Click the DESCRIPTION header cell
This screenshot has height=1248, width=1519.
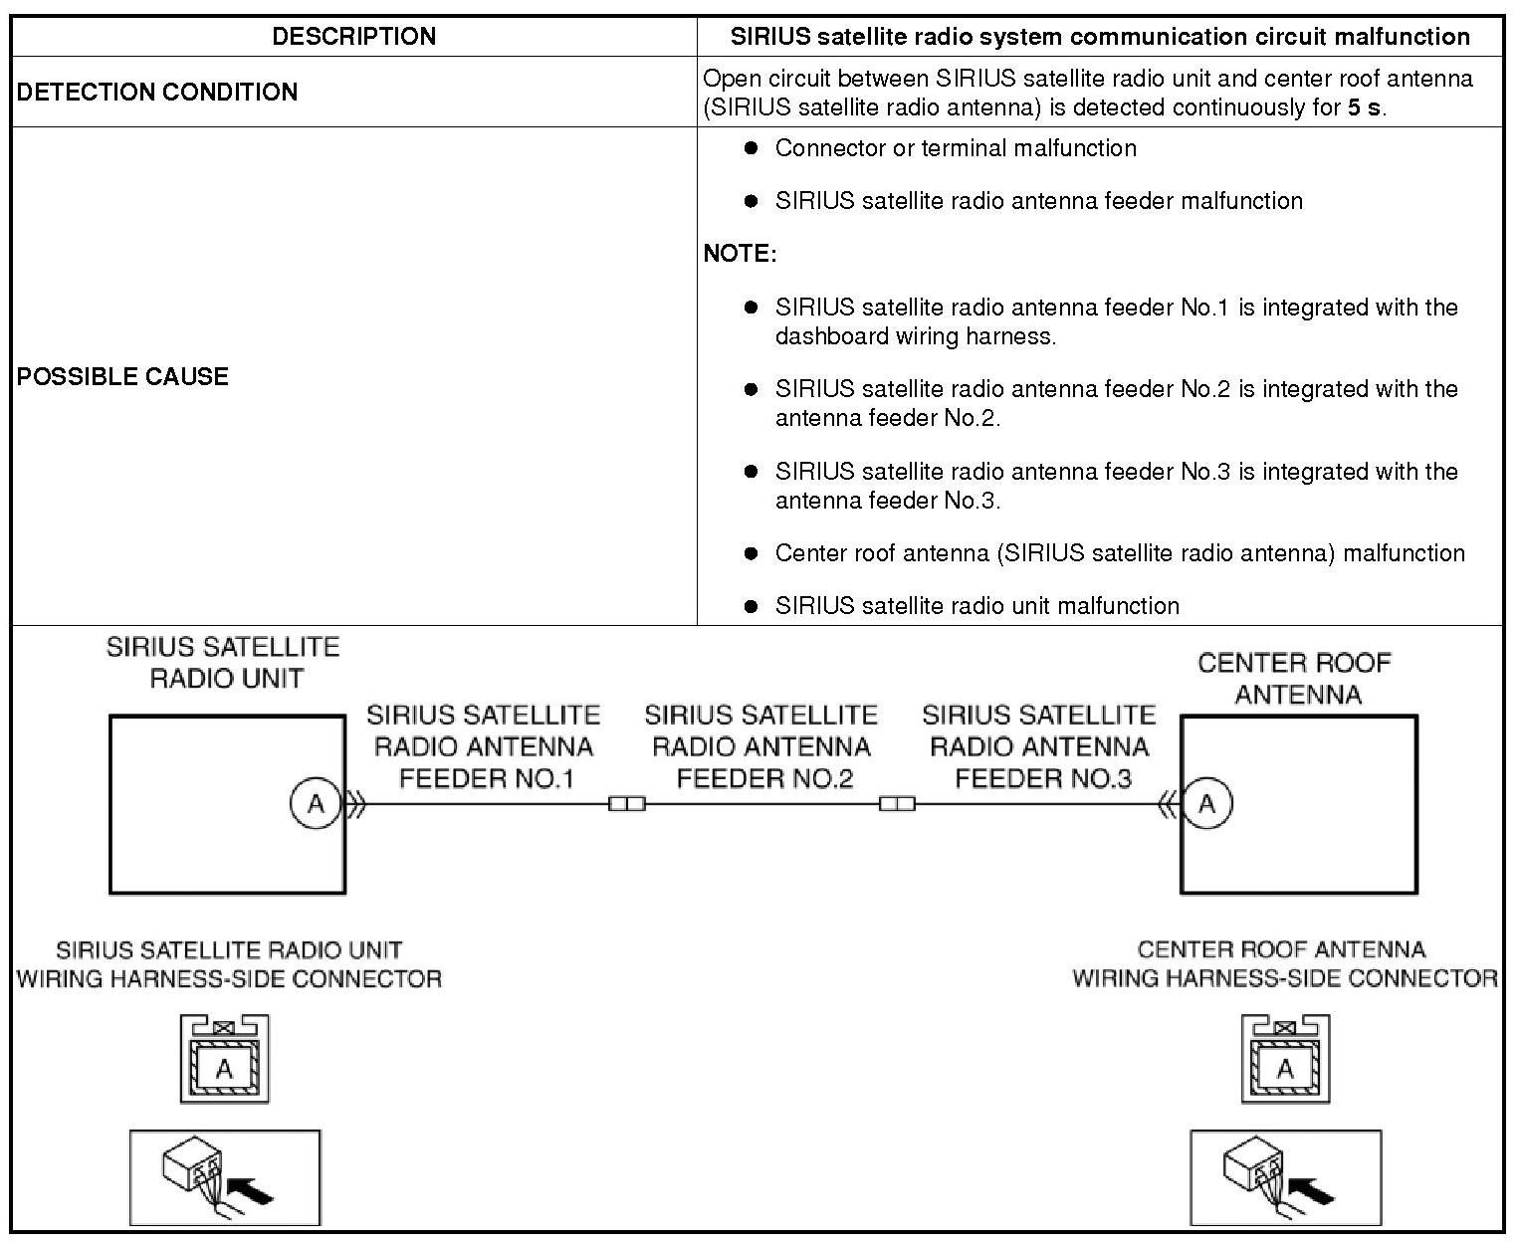(353, 37)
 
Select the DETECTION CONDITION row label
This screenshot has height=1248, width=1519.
(157, 92)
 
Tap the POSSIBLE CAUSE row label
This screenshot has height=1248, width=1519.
(122, 376)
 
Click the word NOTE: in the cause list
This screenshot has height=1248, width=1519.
(740, 254)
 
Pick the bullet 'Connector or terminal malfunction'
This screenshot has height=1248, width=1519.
(956, 148)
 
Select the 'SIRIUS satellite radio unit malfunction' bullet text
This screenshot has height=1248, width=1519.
(976, 606)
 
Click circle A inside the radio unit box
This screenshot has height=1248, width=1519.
(316, 803)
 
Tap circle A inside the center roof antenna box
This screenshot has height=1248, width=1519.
(1207, 803)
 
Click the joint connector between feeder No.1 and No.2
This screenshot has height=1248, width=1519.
(627, 803)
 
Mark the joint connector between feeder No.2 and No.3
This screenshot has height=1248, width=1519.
(897, 803)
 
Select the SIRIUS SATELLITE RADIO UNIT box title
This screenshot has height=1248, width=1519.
(223, 663)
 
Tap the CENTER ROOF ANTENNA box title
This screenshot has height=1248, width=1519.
(1294, 678)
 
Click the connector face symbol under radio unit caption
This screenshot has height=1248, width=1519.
(225, 1059)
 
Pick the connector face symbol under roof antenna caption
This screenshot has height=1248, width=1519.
(1285, 1059)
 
